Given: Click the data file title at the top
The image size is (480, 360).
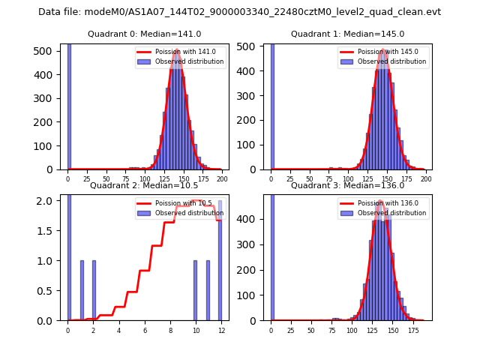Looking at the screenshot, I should click(x=239, y=12).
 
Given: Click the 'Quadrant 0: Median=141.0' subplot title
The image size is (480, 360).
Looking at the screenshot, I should click(x=144, y=34).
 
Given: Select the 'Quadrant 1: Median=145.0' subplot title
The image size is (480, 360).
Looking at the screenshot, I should click(x=347, y=34).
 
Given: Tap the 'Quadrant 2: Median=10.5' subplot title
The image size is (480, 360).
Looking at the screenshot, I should click(x=144, y=185).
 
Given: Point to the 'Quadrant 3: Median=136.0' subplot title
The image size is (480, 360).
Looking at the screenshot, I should click(x=347, y=185).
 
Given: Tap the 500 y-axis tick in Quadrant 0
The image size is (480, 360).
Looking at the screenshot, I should click(x=47, y=51).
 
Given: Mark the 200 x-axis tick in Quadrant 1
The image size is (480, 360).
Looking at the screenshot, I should click(x=426, y=180).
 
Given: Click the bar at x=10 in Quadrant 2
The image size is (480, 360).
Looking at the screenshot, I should click(x=195, y=291).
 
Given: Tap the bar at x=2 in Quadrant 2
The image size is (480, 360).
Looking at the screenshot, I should click(x=94, y=291).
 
